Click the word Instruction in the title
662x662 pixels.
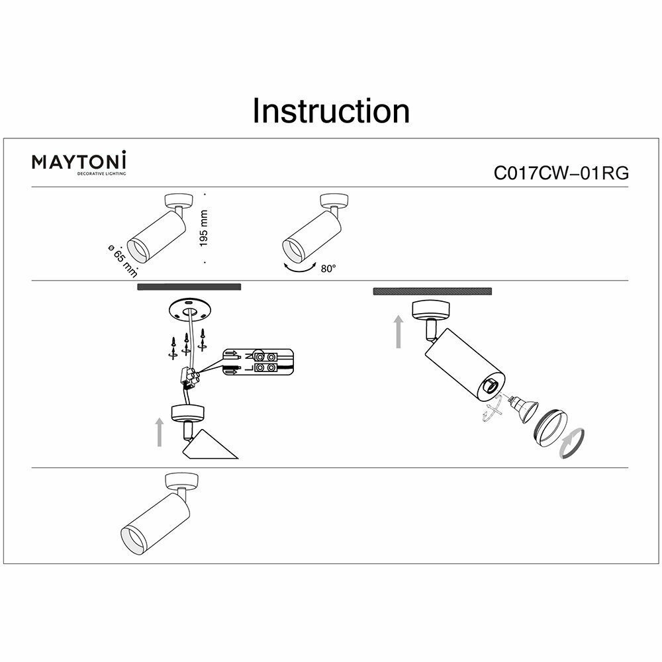[x=331, y=111]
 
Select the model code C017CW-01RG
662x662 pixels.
[x=561, y=173]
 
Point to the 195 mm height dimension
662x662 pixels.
[x=204, y=228]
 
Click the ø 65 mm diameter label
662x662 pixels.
[x=122, y=261]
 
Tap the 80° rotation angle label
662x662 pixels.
[x=328, y=269]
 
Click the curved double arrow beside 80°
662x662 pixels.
[x=299, y=269]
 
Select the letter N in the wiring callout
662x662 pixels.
[x=248, y=355]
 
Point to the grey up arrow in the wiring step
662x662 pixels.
[x=160, y=431]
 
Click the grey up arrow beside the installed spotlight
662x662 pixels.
[x=398, y=332]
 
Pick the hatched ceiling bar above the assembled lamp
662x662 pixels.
[x=432, y=291]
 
